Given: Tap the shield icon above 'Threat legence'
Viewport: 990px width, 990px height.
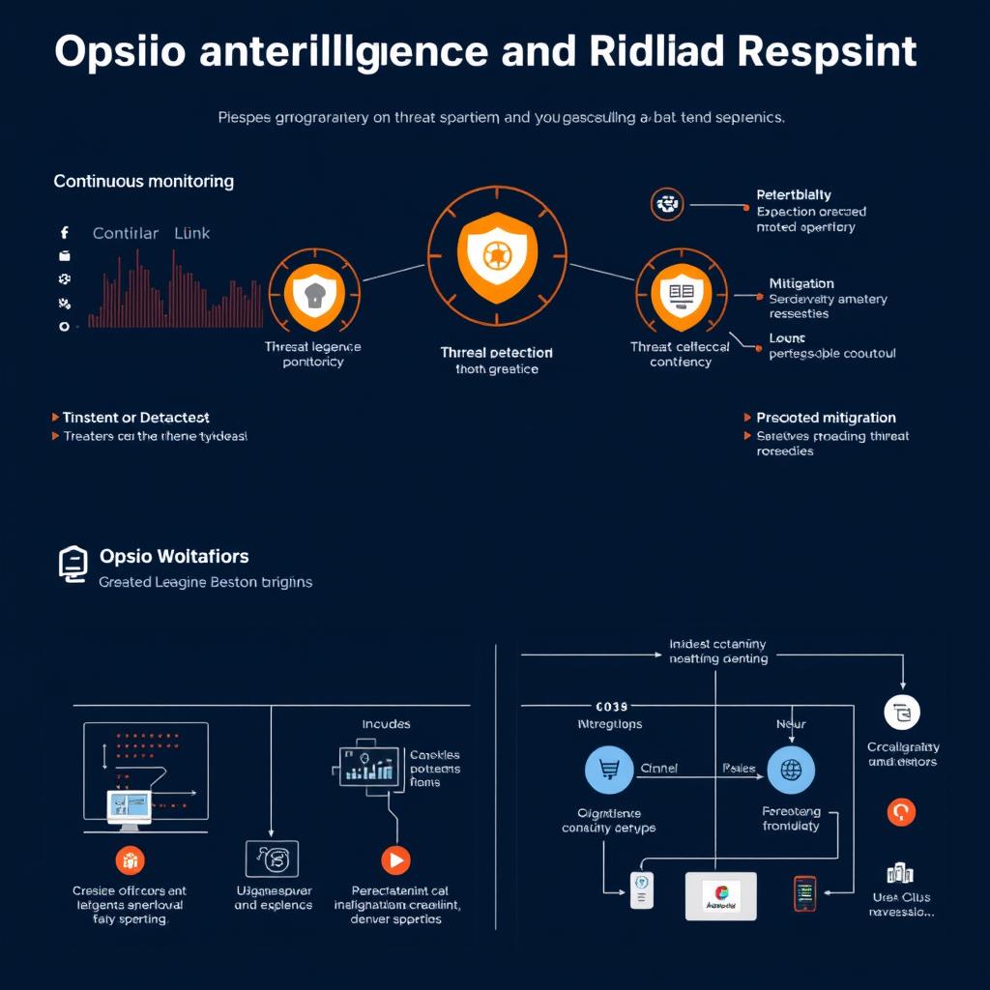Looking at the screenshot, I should (313, 294).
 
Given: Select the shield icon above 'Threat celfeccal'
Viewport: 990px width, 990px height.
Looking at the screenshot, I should (681, 292).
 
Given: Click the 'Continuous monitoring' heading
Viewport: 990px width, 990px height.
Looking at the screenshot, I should (143, 181).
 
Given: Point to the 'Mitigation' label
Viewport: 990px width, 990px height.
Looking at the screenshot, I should (801, 283).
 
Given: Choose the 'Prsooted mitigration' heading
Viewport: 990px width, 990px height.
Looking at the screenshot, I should (826, 418).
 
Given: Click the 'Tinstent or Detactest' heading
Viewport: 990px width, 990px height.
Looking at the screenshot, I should (135, 418).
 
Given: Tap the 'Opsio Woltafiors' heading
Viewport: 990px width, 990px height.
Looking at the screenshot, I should (174, 557).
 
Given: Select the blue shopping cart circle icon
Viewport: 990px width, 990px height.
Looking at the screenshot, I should (609, 770).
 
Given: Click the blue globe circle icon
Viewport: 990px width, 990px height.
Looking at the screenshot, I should (791, 770).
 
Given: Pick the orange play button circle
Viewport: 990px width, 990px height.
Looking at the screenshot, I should (395, 859).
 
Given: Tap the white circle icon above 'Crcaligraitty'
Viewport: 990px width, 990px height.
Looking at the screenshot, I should (902, 713).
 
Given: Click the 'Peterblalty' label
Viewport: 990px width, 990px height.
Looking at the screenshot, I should (794, 195).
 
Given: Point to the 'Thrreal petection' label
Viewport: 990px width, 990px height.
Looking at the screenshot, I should (496, 353).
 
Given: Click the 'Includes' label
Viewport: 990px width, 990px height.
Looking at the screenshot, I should (386, 724).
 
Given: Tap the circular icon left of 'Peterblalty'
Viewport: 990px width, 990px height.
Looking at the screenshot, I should (667, 204).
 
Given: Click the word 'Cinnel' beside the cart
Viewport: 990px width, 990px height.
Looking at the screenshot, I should (658, 769).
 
